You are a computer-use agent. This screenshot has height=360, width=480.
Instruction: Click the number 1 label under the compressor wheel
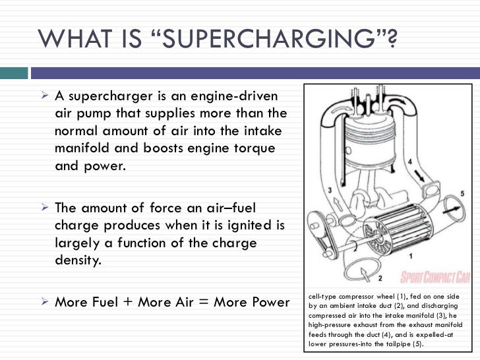click(411, 255)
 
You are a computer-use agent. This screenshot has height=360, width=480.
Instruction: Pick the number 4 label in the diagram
click(409, 160)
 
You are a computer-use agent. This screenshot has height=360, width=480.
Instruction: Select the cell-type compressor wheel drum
click(382, 227)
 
